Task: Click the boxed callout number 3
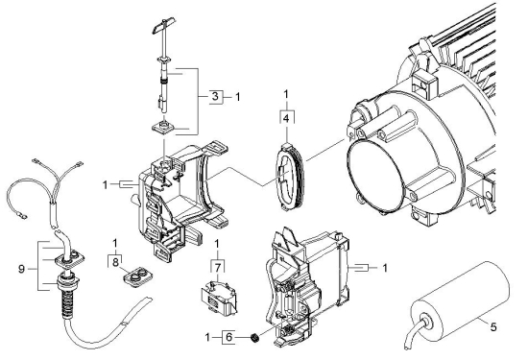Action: [x=215, y=97]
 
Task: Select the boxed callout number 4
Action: [x=286, y=119]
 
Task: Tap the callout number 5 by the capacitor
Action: [x=493, y=327]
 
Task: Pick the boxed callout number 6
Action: [x=229, y=337]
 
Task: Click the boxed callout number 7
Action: [x=218, y=268]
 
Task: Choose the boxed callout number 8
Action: [x=115, y=262]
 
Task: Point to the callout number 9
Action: [x=21, y=269]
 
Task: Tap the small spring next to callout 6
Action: [x=255, y=337]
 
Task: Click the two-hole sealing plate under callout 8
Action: [x=137, y=276]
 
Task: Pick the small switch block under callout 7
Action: [x=218, y=298]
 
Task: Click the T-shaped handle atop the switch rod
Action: [x=163, y=25]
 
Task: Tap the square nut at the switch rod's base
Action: [x=163, y=128]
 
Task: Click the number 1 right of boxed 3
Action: [x=238, y=97]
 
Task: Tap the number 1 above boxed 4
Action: [x=286, y=95]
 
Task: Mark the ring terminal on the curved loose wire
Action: [x=23, y=214]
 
